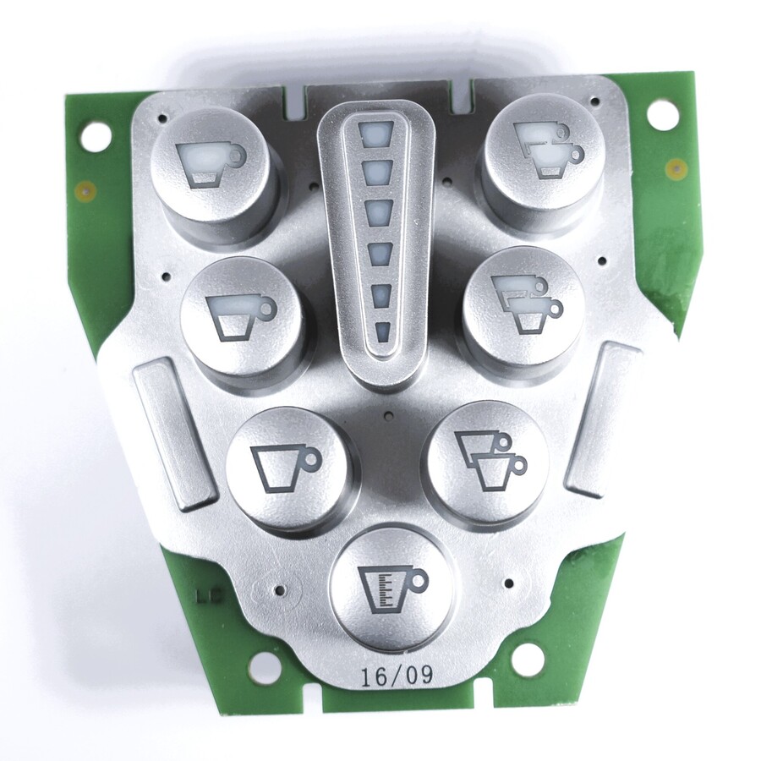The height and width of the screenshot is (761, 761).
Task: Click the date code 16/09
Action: (x=397, y=676)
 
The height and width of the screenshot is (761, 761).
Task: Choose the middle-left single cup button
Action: (x=240, y=315)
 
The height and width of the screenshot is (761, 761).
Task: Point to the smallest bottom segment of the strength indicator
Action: (x=383, y=332)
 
